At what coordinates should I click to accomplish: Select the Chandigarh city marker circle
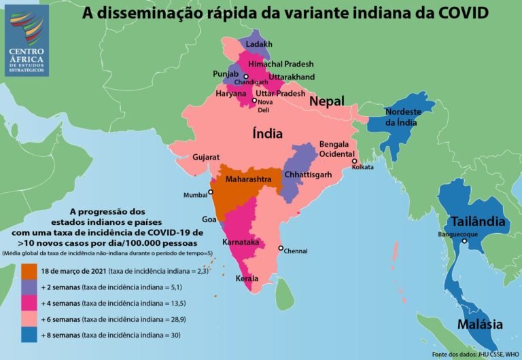(247, 76)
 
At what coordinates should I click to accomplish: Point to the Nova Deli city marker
(255, 101)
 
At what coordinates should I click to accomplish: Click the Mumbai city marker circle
(211, 192)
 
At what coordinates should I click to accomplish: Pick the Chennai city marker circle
(281, 248)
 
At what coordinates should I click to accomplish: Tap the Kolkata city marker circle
(354, 161)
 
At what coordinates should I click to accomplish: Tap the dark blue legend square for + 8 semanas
(29, 334)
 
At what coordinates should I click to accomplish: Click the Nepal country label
(327, 101)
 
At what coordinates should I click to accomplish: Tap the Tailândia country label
(477, 221)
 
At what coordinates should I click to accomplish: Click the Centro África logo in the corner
(27, 39)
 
